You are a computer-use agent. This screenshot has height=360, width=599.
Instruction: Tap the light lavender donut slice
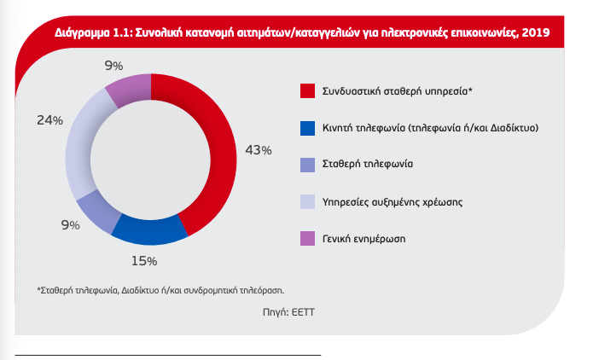pyautogui.click(x=82, y=154)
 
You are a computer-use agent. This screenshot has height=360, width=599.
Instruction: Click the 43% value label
pyautogui.click(x=258, y=150)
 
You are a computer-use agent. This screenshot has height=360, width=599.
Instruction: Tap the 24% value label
pyautogui.click(x=49, y=120)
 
